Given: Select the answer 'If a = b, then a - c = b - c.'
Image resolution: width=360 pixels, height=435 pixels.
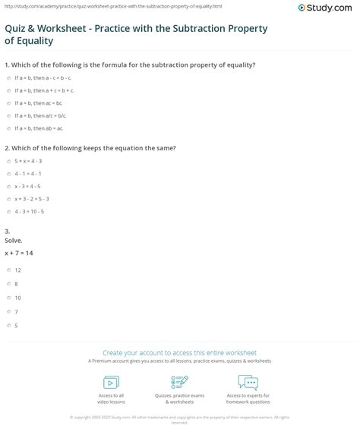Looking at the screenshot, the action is tap(44, 78).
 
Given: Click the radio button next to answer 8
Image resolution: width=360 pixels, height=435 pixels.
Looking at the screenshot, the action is tap(7, 283).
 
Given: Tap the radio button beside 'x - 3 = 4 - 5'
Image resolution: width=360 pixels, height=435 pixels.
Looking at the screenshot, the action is tap(7, 187).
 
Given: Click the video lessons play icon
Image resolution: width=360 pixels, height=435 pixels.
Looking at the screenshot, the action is tap(112, 382).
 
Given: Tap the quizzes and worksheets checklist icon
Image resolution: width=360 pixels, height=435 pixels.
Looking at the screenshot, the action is tap(179, 382).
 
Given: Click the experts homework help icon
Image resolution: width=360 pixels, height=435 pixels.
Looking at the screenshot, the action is tap(248, 382).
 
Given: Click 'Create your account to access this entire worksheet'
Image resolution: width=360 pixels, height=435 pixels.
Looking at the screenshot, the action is tap(180, 352).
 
